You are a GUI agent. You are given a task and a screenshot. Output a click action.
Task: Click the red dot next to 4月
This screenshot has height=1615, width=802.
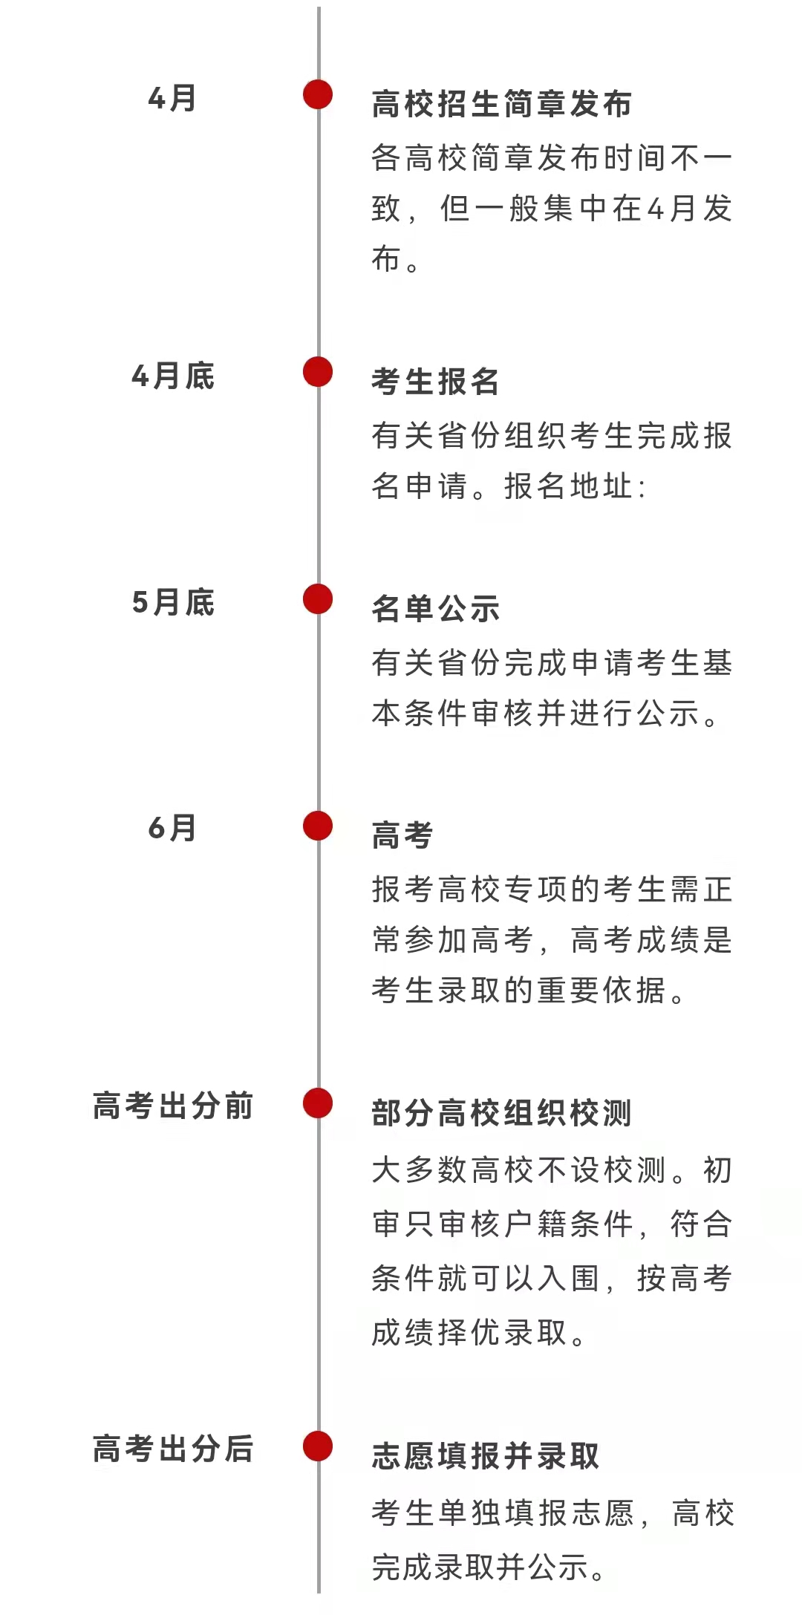318,94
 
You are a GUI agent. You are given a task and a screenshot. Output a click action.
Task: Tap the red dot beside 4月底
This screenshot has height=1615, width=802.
318,372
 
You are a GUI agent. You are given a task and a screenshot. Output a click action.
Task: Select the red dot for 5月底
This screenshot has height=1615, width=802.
318,599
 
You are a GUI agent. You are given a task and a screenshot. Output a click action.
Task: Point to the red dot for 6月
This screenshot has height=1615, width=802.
318,826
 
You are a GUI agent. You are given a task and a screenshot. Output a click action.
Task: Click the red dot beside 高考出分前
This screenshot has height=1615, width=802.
318,1103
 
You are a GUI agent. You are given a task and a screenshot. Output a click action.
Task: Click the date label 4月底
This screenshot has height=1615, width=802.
173,376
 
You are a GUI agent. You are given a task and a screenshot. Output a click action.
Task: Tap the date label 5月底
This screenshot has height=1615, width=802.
173,602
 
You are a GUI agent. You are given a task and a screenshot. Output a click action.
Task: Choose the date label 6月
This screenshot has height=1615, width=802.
172,828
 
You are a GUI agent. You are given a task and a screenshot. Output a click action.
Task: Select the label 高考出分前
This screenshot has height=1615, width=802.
173,1106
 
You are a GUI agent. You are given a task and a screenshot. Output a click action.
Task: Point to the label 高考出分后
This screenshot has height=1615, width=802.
173,1449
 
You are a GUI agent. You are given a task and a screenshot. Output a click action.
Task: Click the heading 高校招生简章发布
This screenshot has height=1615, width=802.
502,104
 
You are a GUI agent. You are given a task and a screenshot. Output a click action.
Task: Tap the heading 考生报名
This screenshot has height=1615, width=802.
436,382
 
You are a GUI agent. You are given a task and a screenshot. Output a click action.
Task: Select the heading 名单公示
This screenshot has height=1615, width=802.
436,609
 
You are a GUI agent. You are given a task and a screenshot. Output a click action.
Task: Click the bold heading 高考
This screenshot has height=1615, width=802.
402,835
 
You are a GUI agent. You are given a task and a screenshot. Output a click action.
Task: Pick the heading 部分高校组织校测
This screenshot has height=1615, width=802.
502,1114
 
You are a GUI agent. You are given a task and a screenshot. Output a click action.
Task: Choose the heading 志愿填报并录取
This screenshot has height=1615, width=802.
486,1456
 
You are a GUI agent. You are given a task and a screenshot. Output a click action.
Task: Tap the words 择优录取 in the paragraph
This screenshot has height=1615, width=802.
502,1333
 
